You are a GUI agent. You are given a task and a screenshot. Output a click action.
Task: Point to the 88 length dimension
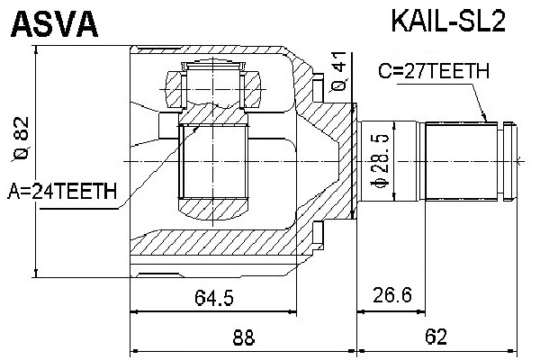[243, 337]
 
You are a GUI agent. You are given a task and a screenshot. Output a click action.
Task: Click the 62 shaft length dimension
[436, 337]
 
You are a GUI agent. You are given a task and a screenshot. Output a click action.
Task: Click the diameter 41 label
[338, 72]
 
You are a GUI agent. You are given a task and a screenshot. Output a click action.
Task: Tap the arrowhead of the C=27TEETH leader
[485, 119]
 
